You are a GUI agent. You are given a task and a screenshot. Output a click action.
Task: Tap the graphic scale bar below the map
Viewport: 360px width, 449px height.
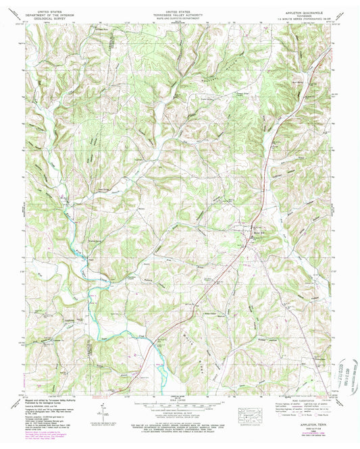point(180,404)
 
